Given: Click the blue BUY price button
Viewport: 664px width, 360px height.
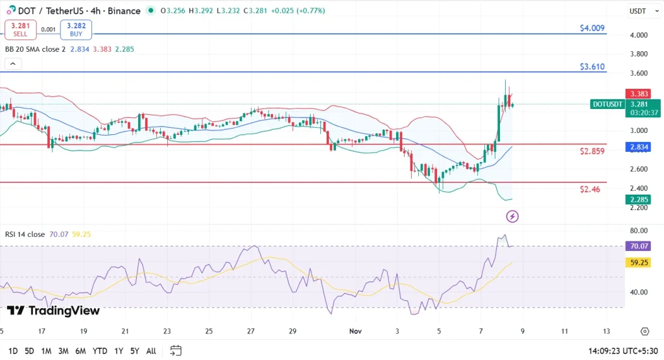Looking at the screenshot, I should (76, 29).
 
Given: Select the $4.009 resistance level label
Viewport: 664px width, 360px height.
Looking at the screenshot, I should (592, 29).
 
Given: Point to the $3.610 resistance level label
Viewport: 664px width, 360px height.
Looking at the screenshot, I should (592, 67).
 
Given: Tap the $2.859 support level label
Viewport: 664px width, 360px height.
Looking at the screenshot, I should (592, 151).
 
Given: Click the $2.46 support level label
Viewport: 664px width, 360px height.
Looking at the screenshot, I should (590, 189).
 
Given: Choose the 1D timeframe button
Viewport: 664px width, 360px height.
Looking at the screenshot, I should (13, 351).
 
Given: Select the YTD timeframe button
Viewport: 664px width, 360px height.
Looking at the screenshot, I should (100, 351).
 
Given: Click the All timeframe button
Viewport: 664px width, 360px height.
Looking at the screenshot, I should (151, 351).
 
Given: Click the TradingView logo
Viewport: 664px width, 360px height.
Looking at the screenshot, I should (54, 311).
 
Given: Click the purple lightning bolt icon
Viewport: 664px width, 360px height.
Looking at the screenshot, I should (512, 216).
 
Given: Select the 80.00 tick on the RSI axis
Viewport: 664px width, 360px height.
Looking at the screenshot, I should (638, 230).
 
